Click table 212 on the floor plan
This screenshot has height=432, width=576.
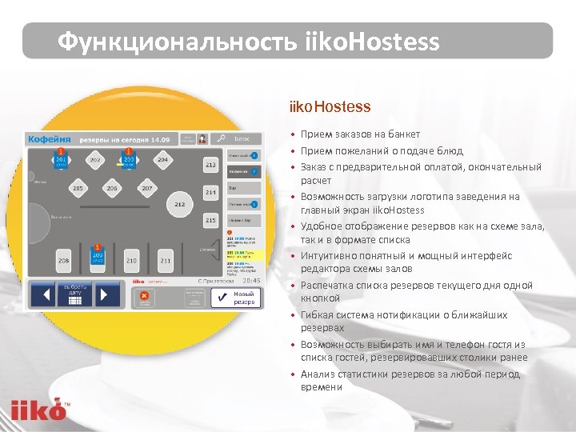click(x=179, y=205)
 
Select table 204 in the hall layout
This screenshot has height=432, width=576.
click(x=163, y=160)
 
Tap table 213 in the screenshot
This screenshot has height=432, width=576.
click(x=210, y=166)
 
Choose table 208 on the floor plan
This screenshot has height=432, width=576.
click(x=63, y=260)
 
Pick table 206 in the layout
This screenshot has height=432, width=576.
click(x=112, y=189)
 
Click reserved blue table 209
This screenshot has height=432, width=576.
click(x=98, y=258)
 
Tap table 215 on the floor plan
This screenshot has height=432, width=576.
click(x=210, y=220)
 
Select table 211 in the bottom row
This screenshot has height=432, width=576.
click(x=165, y=260)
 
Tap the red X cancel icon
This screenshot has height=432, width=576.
click(x=144, y=296)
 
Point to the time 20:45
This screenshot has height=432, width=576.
click(x=251, y=281)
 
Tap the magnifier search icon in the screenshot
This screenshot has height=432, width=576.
click(x=218, y=138)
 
